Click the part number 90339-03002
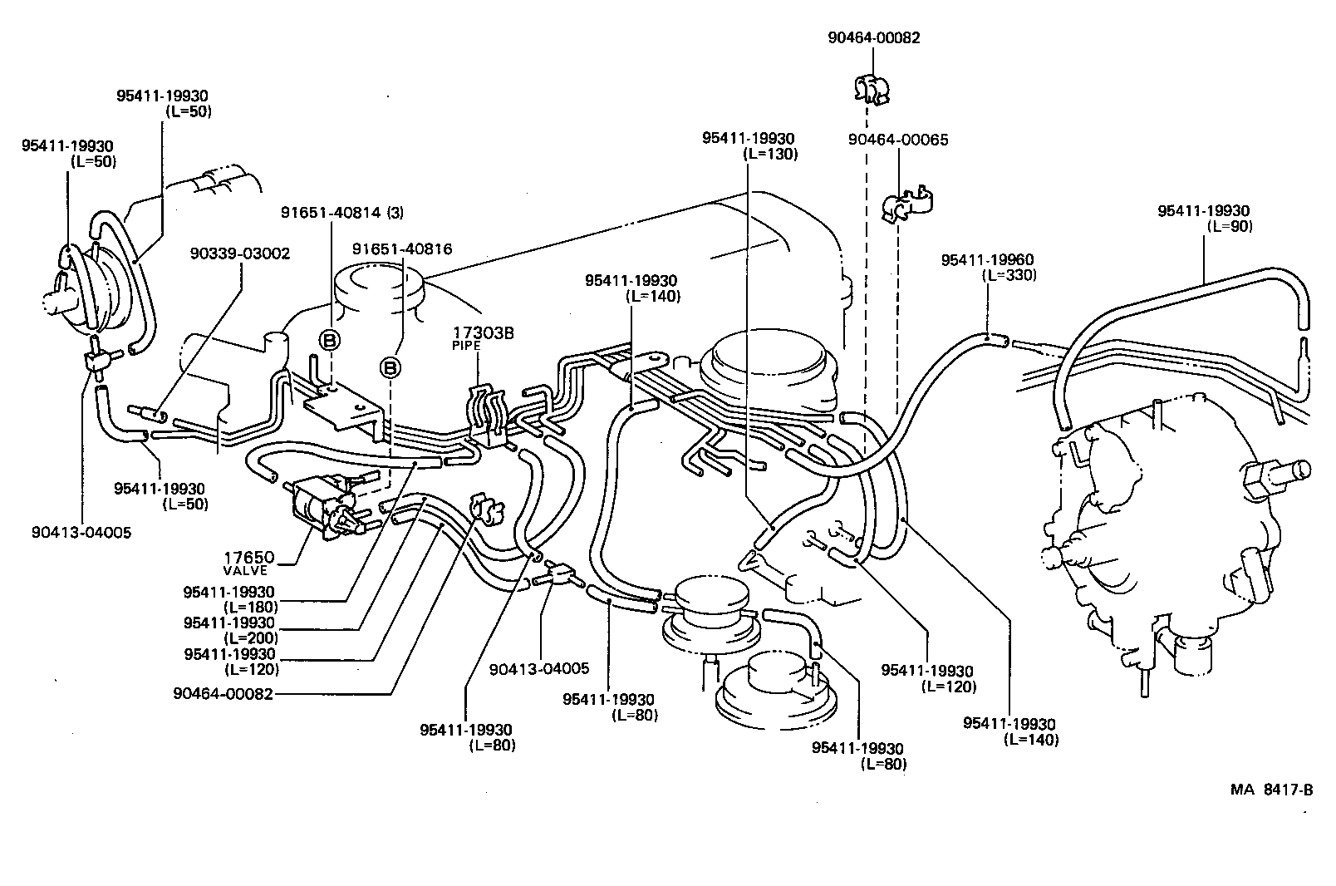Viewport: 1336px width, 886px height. (x=240, y=253)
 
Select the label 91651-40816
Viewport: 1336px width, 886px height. (x=402, y=249)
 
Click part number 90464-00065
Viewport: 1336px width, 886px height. (x=897, y=140)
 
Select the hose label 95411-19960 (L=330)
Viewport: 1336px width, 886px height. (x=988, y=268)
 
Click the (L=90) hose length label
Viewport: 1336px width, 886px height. (x=1228, y=226)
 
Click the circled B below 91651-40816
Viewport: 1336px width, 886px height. (x=390, y=367)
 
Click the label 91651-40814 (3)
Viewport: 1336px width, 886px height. (x=341, y=212)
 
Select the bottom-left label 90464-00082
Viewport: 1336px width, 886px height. (x=223, y=692)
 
